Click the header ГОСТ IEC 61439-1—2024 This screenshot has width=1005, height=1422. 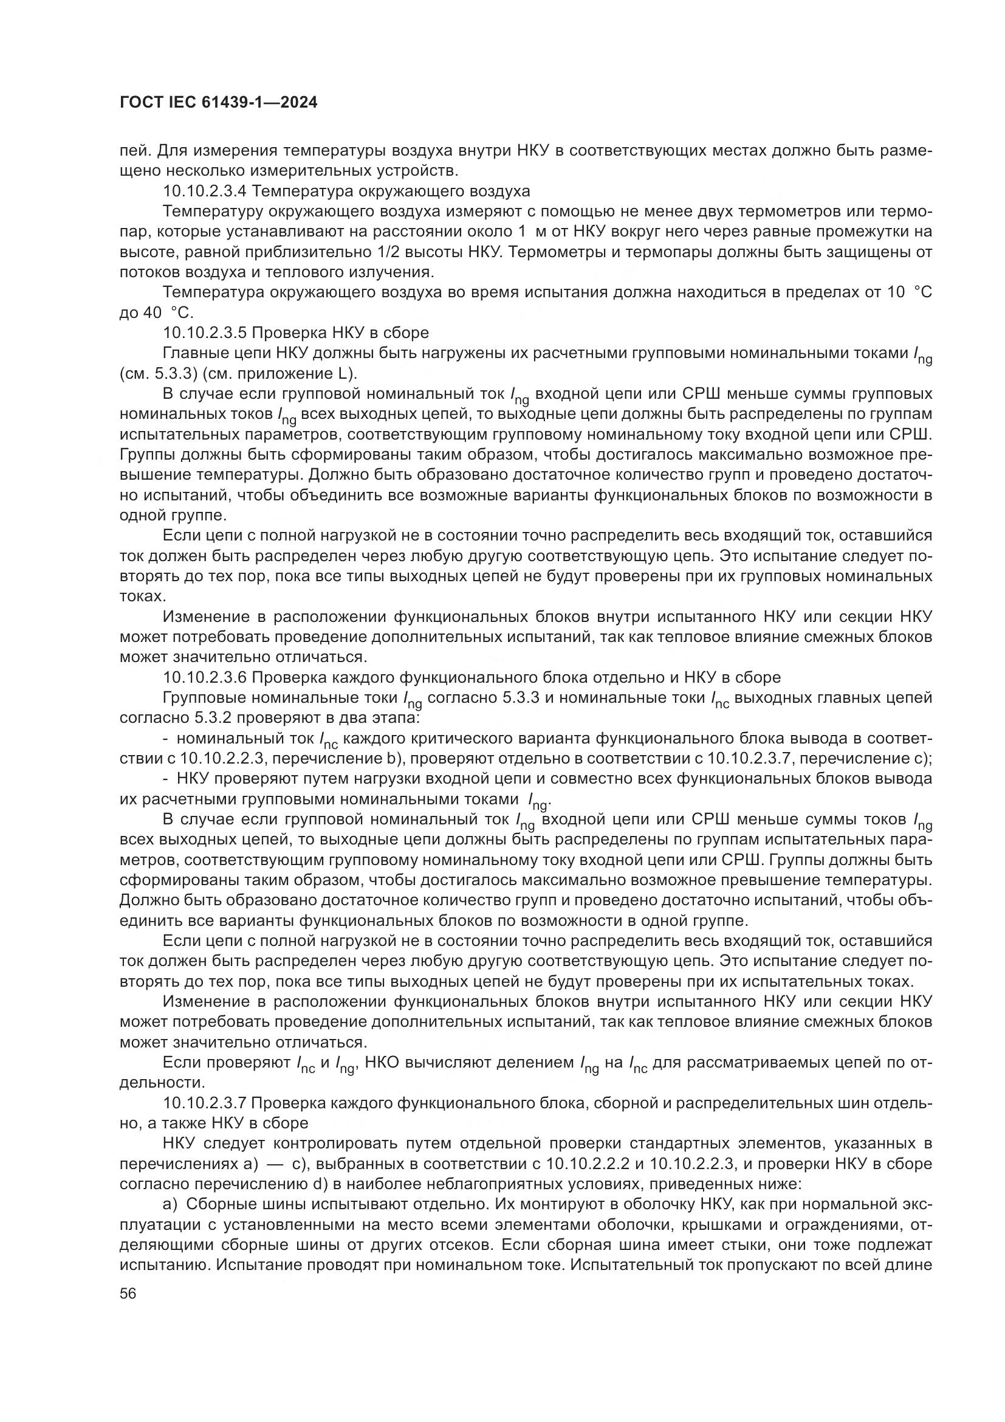point(218,103)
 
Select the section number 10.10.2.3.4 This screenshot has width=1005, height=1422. point(205,191)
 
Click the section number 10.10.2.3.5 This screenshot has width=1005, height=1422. point(205,333)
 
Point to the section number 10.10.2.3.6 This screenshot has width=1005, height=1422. point(205,677)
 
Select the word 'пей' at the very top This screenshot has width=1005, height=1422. point(132,151)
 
